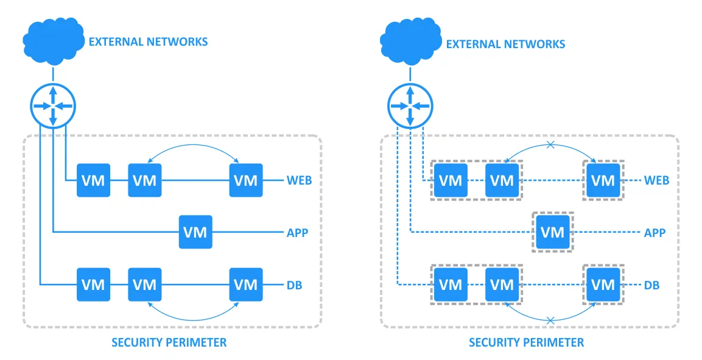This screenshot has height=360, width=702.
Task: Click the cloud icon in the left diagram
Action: coord(53,40)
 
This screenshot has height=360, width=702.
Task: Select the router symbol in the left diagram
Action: coord(53,105)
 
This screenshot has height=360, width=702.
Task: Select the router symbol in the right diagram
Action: coord(410,105)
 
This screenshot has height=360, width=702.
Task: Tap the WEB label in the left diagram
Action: coord(299,180)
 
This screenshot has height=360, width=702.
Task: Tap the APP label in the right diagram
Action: coord(655,233)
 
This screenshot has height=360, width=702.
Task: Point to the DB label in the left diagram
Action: coord(294,284)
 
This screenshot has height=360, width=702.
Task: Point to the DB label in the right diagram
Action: coord(651,284)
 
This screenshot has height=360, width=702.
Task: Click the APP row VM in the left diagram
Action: coord(195,232)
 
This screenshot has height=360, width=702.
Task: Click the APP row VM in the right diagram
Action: coord(553,232)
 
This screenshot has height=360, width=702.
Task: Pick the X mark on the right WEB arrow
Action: coord(550,145)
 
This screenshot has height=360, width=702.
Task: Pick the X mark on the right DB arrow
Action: coord(550,320)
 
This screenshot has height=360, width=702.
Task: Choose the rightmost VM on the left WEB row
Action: coord(246,180)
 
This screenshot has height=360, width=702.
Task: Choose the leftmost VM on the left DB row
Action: coord(93,284)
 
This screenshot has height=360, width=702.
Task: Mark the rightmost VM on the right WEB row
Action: coord(603,180)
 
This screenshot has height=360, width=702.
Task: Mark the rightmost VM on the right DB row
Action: coord(603,284)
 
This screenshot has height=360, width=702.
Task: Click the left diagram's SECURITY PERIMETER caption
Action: coord(169,342)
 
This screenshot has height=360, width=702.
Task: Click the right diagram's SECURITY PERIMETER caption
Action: coord(526,342)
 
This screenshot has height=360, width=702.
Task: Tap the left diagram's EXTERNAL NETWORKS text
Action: coord(148,42)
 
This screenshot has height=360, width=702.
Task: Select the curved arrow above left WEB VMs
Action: coord(194,146)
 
